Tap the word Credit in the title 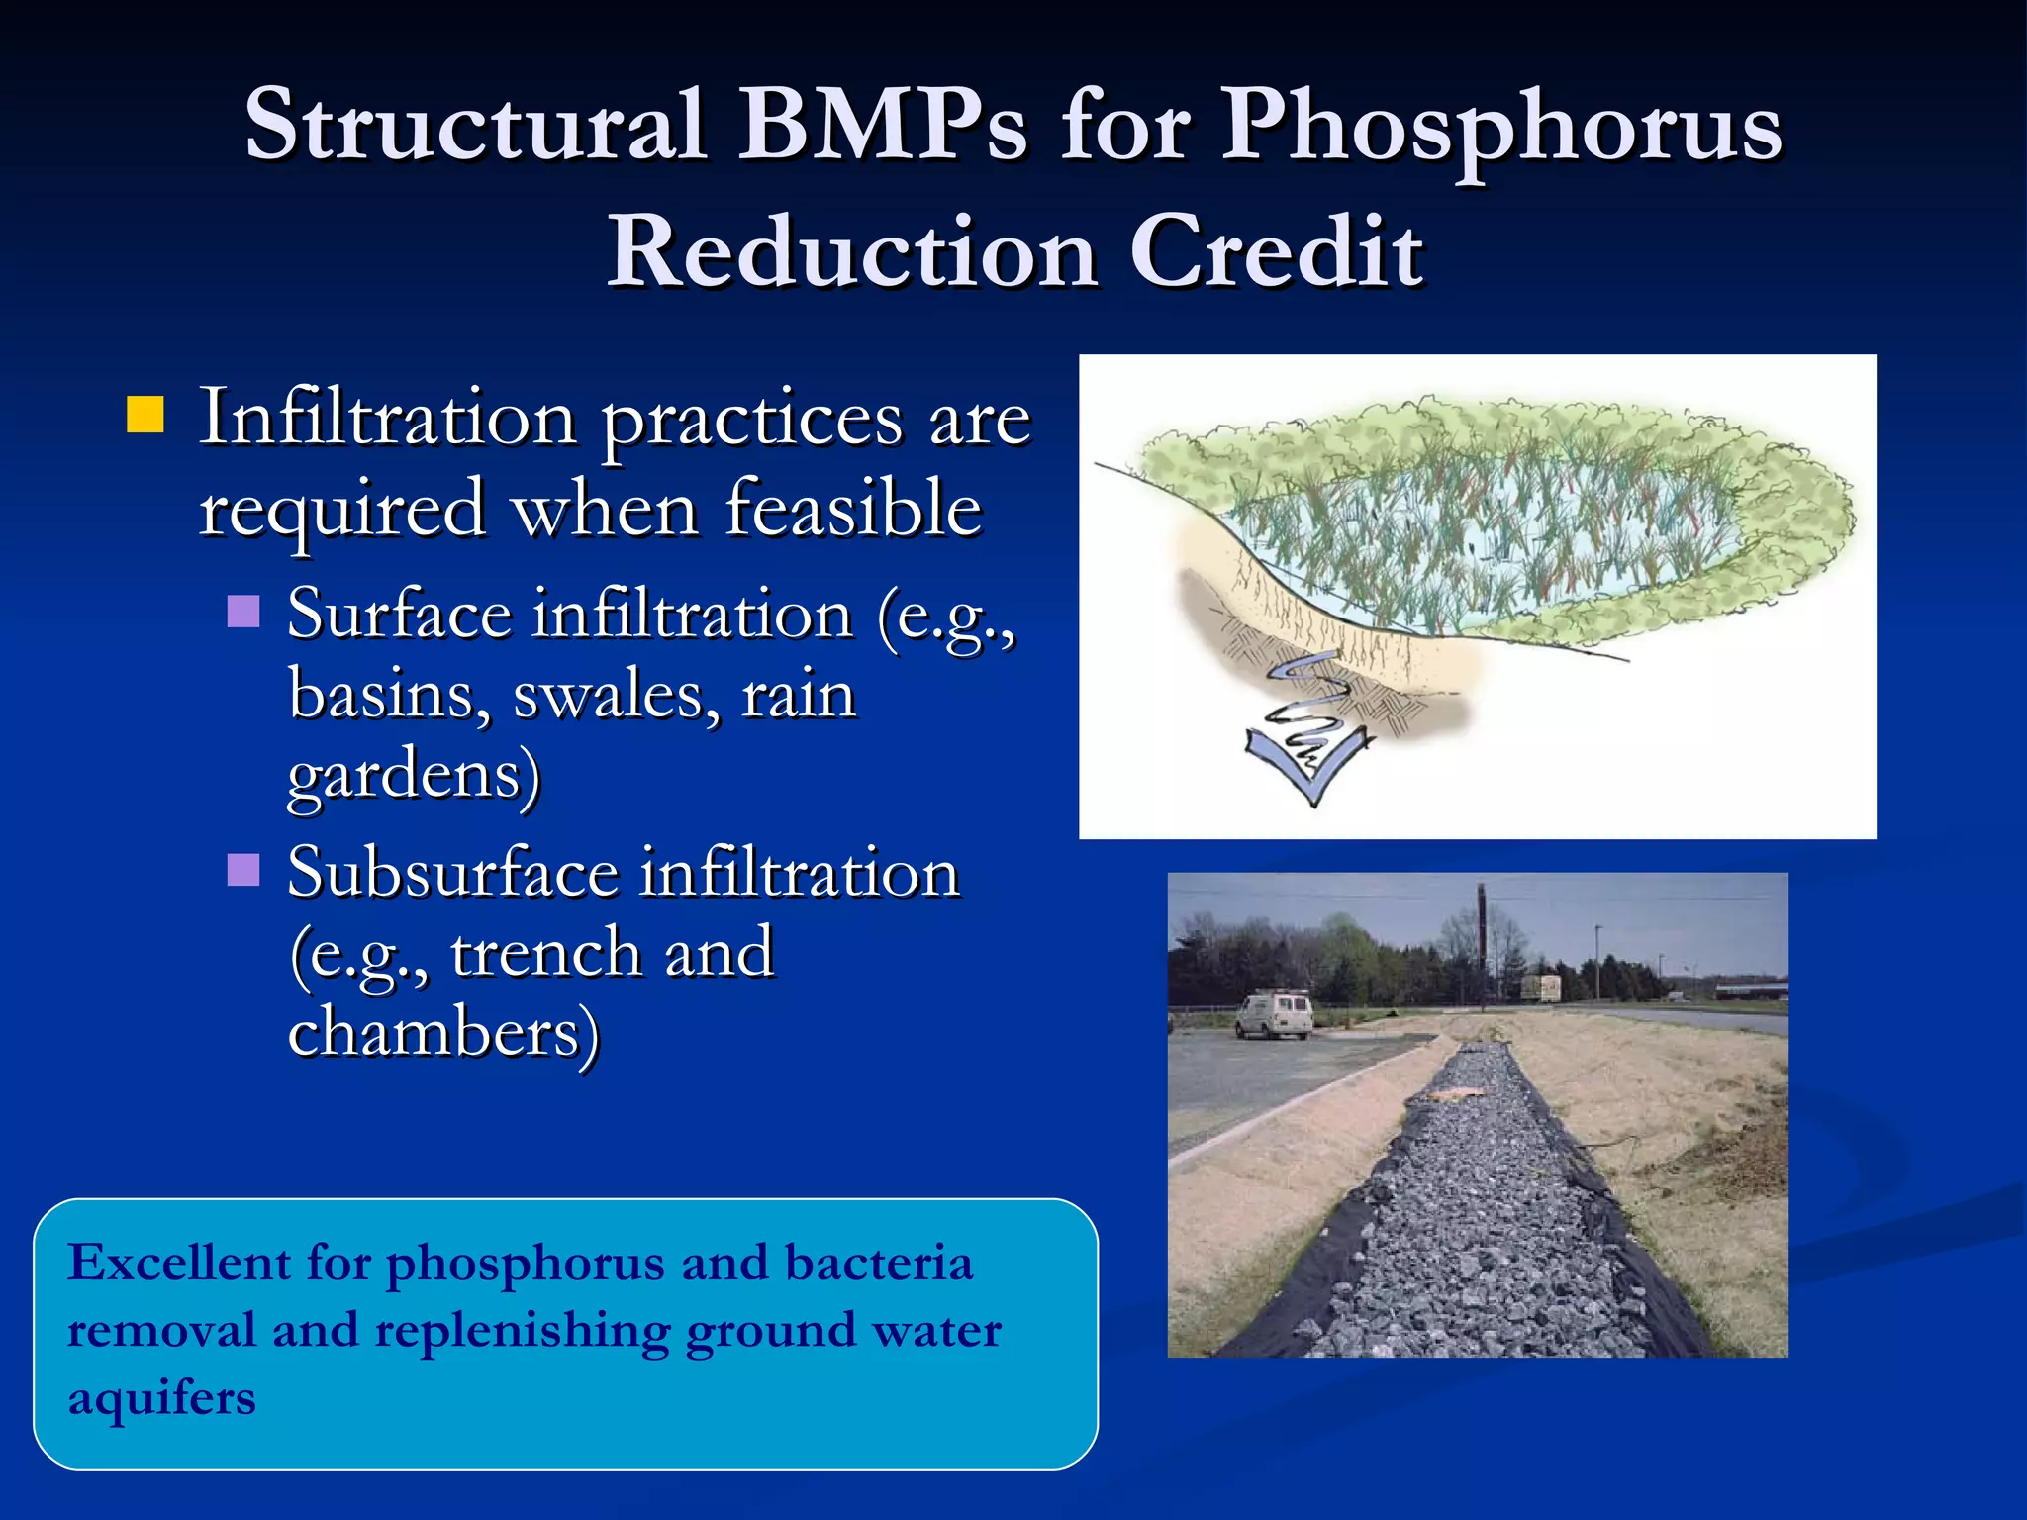(1276, 252)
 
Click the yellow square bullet (145, 416)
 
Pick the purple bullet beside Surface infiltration (243, 612)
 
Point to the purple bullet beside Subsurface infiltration (243, 870)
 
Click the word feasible (853, 509)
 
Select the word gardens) (414, 775)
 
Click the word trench (545, 953)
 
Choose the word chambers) (443, 1034)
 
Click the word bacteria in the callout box (879, 1264)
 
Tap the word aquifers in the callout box (161, 1399)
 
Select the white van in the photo (1274, 1016)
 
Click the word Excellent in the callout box (179, 1264)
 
